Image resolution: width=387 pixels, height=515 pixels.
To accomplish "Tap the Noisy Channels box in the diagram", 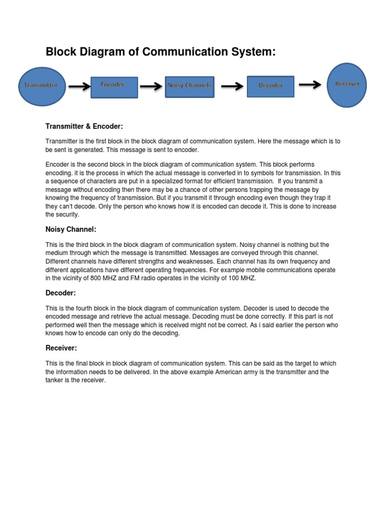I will [x=189, y=85].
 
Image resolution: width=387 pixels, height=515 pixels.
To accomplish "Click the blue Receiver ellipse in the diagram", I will [x=347, y=84].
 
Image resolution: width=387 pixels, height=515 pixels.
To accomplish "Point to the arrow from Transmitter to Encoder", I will [x=79, y=87].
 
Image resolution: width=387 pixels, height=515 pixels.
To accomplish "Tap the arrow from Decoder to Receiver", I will [x=309, y=84].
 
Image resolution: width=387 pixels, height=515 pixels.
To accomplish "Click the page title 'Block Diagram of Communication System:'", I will [x=161, y=52].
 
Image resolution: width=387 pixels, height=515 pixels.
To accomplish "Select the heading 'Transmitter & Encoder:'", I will [x=84, y=126].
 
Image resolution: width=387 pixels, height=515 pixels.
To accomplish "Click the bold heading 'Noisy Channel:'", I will [x=71, y=229].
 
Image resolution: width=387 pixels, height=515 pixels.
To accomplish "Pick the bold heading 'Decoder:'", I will [x=60, y=293].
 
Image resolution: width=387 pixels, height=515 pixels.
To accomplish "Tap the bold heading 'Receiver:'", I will [x=61, y=348].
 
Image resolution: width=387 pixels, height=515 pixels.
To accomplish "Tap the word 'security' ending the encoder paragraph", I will [x=68, y=215].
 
